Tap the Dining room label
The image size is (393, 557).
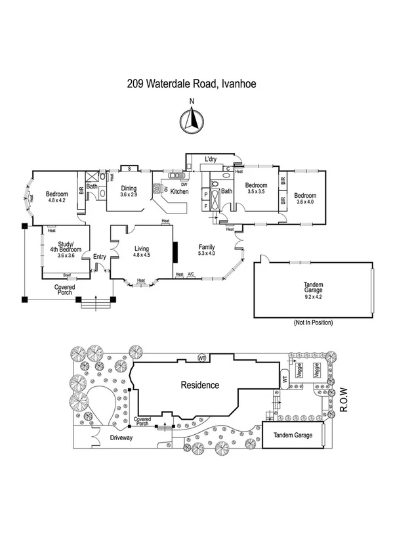[x=129, y=189]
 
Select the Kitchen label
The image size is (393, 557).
[x=180, y=192]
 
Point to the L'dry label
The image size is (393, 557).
[x=211, y=160]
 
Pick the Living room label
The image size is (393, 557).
[x=142, y=248]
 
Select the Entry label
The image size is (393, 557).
[x=100, y=257]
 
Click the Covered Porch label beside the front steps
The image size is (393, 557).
[x=64, y=290]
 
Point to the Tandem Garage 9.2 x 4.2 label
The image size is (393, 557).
[x=313, y=290]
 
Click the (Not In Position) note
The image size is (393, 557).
[x=313, y=323]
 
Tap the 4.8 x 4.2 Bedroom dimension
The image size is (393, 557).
[x=56, y=201]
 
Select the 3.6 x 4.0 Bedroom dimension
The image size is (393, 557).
[x=306, y=202]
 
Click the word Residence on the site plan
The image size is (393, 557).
[x=199, y=386]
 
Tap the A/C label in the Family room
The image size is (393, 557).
[x=191, y=274]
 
